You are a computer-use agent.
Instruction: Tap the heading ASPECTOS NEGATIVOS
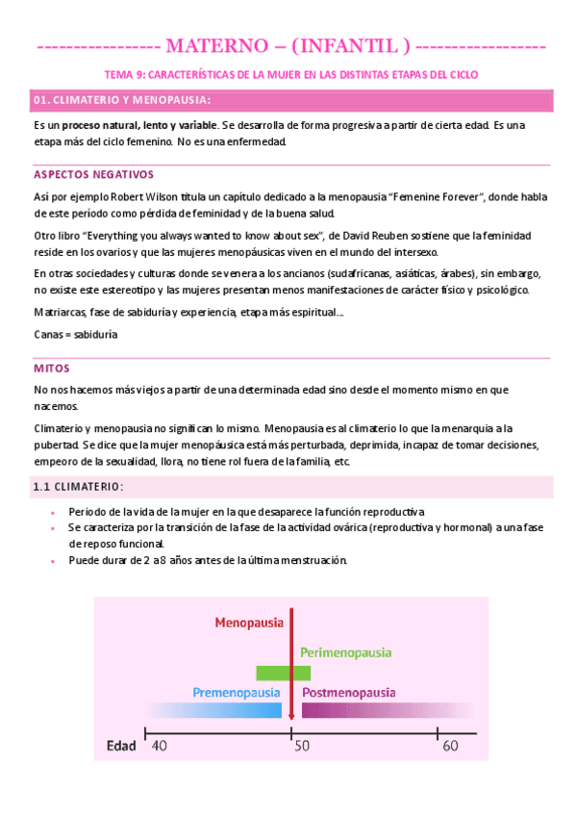[93, 175]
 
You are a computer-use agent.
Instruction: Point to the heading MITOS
[51, 369]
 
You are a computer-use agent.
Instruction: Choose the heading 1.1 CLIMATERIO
[78, 486]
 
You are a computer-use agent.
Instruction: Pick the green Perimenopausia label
[346, 652]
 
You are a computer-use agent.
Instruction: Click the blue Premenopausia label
[237, 692]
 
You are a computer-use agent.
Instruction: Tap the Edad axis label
[120, 746]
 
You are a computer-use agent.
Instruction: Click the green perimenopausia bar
[283, 673]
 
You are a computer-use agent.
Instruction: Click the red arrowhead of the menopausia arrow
[291, 715]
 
